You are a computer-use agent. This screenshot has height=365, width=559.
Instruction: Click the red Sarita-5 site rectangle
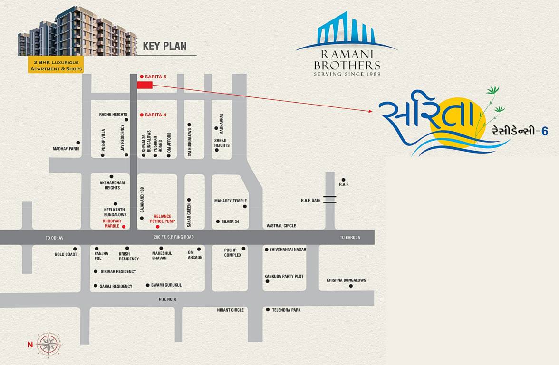[145, 85]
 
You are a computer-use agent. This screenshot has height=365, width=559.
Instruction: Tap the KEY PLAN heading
[165, 46]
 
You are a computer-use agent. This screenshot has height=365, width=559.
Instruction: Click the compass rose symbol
[49, 343]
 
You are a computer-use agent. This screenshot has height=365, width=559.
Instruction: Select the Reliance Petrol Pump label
[163, 219]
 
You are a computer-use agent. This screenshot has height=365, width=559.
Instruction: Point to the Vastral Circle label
[281, 226]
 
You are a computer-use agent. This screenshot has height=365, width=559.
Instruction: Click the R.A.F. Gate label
[311, 200]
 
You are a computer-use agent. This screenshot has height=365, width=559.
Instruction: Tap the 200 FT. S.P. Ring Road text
[174, 237]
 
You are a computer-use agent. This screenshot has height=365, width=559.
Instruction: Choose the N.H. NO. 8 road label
[167, 299]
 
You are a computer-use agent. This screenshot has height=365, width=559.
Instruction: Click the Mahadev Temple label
[231, 201]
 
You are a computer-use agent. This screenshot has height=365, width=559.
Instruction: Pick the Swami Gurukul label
[166, 285]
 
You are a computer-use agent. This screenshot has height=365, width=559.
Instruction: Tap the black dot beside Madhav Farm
[78, 143]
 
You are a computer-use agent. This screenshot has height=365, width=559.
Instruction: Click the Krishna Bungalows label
[346, 280]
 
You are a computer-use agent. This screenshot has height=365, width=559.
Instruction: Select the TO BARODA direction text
[350, 237]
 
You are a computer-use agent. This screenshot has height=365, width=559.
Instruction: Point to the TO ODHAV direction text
[54, 237]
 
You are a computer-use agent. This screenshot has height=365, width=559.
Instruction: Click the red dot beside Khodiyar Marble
[124, 227]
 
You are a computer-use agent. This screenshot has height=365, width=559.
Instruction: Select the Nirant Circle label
[231, 310]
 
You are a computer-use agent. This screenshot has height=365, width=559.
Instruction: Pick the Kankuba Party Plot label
[284, 276]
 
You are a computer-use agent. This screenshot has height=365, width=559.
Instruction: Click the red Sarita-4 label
[155, 115]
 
